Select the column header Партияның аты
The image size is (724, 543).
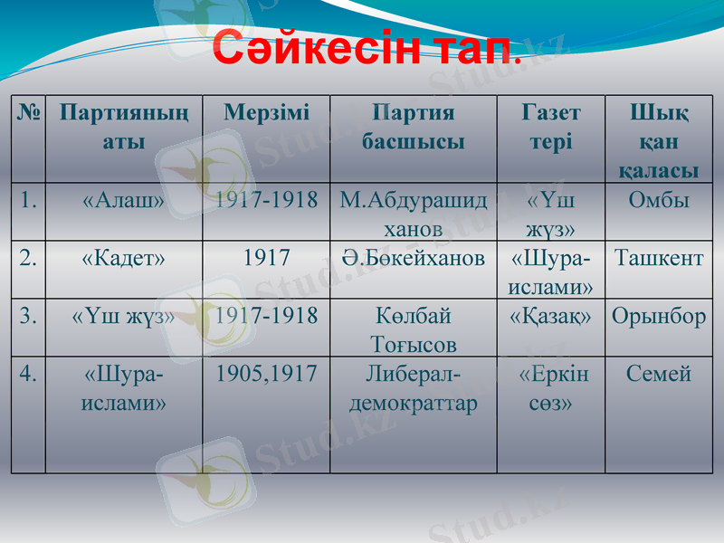(x=124, y=128)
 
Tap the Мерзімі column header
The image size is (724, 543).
(x=266, y=113)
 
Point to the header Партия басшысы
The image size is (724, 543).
(x=413, y=128)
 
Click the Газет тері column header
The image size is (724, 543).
(x=551, y=128)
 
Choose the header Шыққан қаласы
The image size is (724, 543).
(x=659, y=141)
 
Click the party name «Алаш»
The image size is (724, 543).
(x=124, y=200)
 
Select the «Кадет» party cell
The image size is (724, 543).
(x=124, y=258)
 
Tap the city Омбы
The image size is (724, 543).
(x=659, y=200)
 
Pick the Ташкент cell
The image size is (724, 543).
(x=659, y=258)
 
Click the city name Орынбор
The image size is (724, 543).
(x=659, y=316)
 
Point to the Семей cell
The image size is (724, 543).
(x=659, y=374)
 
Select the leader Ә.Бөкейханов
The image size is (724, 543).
(x=413, y=258)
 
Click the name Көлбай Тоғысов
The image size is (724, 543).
(x=413, y=329)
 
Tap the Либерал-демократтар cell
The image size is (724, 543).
(x=413, y=388)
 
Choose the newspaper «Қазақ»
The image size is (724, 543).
(x=551, y=316)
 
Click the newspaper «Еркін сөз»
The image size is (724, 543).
(x=551, y=388)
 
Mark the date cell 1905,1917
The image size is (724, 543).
(x=266, y=374)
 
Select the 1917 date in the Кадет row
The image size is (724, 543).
(x=266, y=258)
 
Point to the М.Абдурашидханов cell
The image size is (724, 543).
(x=413, y=214)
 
